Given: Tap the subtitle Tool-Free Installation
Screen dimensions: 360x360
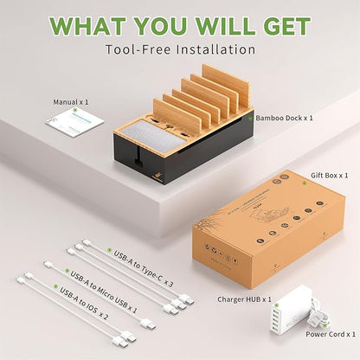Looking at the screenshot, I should pos(180,50).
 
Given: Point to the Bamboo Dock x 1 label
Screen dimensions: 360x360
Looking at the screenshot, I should pos(285,115).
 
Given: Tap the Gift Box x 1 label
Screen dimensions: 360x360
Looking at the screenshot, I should pos(329,174).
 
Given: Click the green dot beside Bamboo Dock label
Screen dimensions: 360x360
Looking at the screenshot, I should pos(250,115).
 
